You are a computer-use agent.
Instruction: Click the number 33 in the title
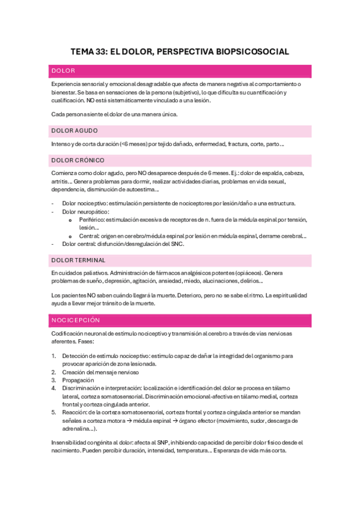pos(100,52)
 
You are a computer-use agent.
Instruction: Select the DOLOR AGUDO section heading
pos(75,131)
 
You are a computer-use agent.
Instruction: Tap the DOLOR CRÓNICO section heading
pos(78,160)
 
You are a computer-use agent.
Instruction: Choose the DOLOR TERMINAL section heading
pos(79,260)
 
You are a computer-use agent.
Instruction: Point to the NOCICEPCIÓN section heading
pos(76,320)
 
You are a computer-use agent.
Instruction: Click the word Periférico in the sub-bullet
pos(91,220)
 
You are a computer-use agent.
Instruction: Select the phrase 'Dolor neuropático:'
pos(85,212)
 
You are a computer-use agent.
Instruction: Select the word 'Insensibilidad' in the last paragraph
pos(70,442)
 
